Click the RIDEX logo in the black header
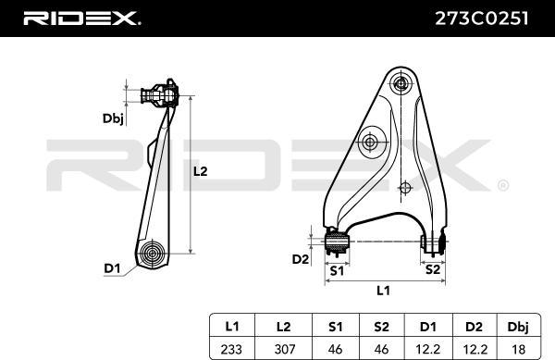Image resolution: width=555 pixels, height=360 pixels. (x=81, y=19)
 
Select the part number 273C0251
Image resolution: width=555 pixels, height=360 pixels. (x=482, y=19)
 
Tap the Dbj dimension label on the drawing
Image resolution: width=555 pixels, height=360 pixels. (x=113, y=119)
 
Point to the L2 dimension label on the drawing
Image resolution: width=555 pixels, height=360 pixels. (x=200, y=172)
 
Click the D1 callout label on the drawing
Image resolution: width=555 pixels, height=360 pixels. (x=112, y=268)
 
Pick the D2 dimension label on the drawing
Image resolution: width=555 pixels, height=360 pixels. (x=300, y=259)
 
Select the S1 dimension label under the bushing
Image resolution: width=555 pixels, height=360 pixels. (x=337, y=271)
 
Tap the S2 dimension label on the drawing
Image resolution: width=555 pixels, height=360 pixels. (x=432, y=269)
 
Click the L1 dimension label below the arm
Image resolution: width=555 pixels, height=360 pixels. (x=383, y=291)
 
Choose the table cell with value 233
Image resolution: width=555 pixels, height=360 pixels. (x=231, y=350)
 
